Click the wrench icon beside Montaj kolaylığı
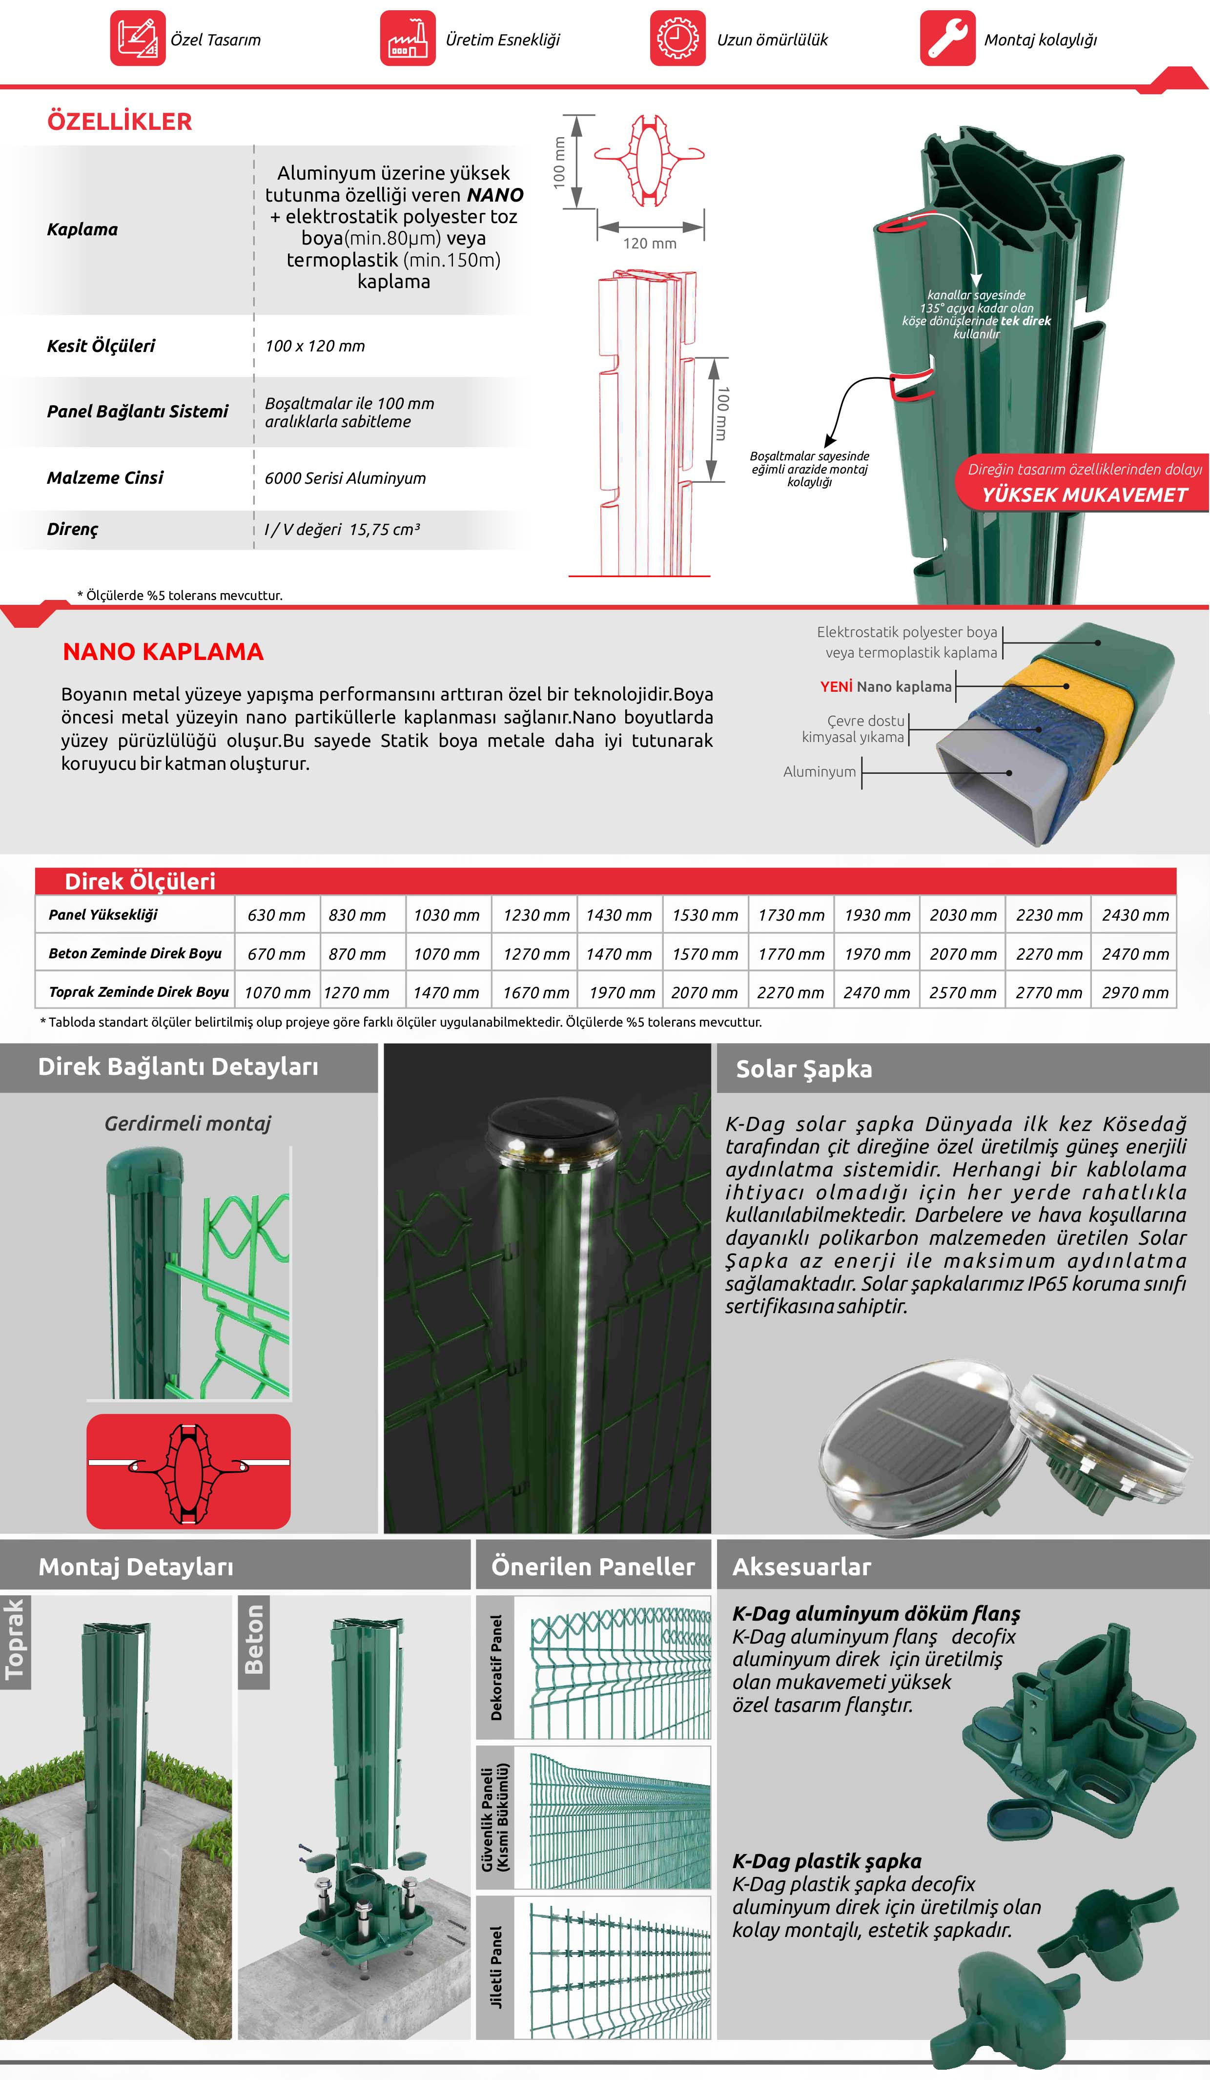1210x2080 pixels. [947, 38]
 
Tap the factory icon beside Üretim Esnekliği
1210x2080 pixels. [407, 38]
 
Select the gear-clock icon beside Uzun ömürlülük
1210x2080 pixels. [677, 38]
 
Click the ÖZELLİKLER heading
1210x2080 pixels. [120, 122]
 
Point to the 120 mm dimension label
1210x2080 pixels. [650, 244]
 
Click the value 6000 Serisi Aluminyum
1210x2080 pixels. [345, 478]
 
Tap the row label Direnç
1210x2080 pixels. [73, 529]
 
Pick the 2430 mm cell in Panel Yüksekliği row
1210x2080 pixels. [1135, 914]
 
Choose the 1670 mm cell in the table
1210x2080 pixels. [535, 992]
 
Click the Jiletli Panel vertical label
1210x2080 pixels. [496, 1968]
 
